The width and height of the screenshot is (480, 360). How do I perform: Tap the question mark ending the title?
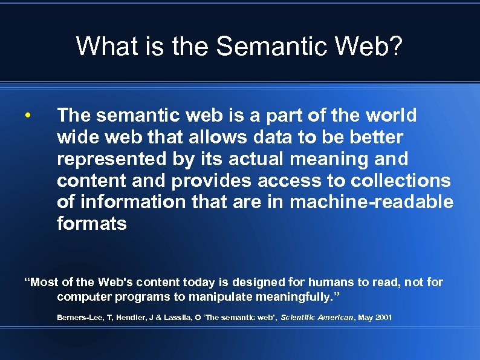pos(393,46)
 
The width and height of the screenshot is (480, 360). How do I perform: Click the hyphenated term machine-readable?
pos(371,203)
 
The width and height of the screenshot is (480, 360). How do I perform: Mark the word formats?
pos(92,224)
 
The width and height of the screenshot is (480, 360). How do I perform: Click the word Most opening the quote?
pos(44,283)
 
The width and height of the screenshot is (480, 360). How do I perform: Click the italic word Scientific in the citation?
pos(302,318)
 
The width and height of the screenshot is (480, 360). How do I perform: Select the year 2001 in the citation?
pos(383,318)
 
